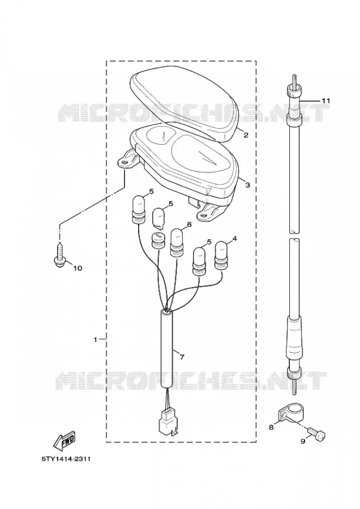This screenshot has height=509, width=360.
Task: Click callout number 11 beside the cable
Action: [325, 101]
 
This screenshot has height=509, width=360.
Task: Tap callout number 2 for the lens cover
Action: [246, 135]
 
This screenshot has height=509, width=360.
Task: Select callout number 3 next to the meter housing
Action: [247, 185]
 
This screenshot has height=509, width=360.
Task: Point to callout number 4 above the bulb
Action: [234, 239]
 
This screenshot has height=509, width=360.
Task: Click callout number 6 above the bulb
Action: [189, 224]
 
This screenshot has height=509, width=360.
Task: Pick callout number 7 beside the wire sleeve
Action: [182, 357]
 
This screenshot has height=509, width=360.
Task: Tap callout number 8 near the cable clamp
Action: [271, 427]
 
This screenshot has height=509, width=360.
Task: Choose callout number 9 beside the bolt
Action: [303, 442]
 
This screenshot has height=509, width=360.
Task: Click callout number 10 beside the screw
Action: [78, 268]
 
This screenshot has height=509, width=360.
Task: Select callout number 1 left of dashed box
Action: [96, 339]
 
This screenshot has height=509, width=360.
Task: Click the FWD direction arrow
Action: [65, 441]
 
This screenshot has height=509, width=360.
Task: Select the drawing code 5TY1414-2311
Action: [66, 459]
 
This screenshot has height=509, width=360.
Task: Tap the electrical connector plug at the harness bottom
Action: [166, 422]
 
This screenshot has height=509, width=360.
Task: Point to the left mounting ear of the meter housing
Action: [127, 159]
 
